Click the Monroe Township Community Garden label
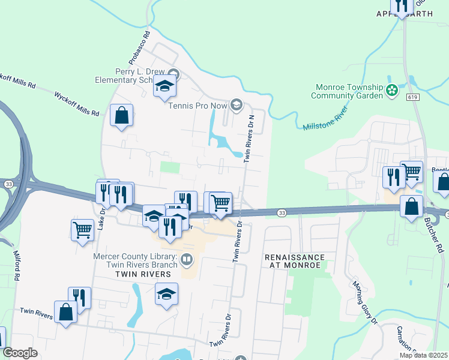point(348,91)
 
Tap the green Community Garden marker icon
point(392,91)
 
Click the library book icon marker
point(187,259)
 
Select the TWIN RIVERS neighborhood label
point(140,273)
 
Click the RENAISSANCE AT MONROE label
point(295,261)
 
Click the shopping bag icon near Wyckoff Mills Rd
point(121,115)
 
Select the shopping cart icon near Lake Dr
point(82,229)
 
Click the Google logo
point(20,353)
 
